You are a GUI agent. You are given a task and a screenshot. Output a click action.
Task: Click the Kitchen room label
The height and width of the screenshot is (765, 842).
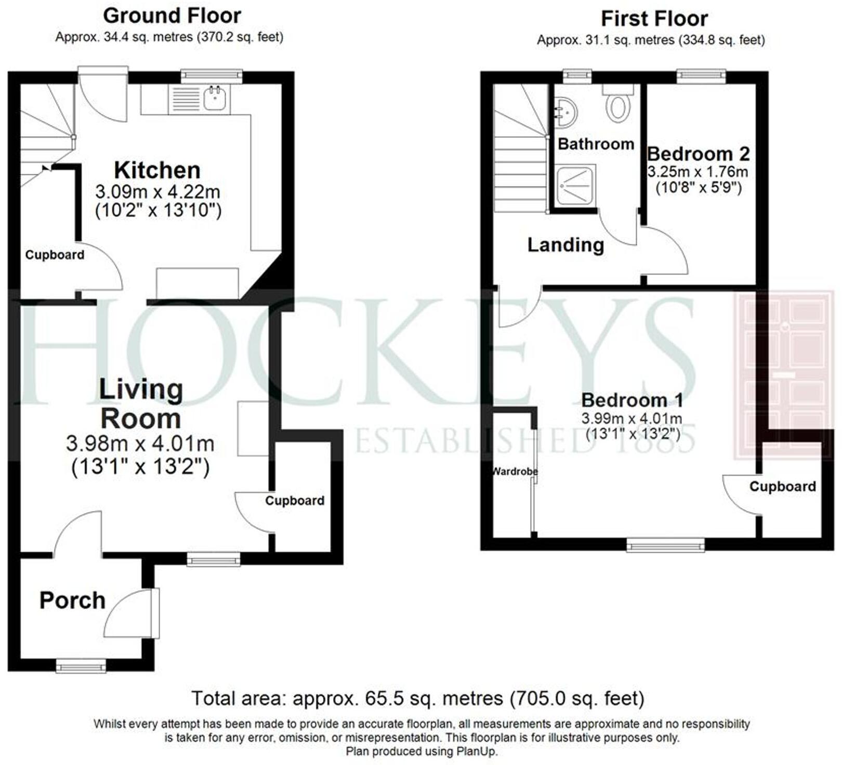point(157,171)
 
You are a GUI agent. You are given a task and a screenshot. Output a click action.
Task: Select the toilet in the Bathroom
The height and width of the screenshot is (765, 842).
point(617,107)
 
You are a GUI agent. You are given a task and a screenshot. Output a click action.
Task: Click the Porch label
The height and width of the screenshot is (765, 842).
point(73,601)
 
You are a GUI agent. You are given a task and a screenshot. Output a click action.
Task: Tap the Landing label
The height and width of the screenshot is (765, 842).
point(565,245)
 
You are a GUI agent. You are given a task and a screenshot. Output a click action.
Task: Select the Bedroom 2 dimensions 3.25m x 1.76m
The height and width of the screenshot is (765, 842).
point(698,172)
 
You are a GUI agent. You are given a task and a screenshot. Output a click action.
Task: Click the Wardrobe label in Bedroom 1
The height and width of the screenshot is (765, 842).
point(515,472)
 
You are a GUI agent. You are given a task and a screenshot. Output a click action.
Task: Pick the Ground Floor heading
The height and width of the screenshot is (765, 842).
point(172,16)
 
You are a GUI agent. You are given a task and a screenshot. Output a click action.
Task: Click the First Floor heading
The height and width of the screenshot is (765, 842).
point(654,19)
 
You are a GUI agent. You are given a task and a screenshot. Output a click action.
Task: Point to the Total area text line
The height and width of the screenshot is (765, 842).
point(418,698)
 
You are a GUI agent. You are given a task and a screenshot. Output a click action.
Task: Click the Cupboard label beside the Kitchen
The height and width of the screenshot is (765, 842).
point(55,255)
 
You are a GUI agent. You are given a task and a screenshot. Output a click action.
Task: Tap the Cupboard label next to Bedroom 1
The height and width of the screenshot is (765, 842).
point(782,487)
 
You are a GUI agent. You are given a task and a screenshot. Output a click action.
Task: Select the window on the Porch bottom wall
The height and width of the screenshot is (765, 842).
point(81,666)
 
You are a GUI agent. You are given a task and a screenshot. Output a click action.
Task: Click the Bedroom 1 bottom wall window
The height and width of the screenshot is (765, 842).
point(665,544)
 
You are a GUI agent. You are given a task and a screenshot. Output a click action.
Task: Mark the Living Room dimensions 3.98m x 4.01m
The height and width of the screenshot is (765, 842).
point(140,444)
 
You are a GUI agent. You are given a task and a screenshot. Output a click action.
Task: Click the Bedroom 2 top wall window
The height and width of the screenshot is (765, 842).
point(701,76)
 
